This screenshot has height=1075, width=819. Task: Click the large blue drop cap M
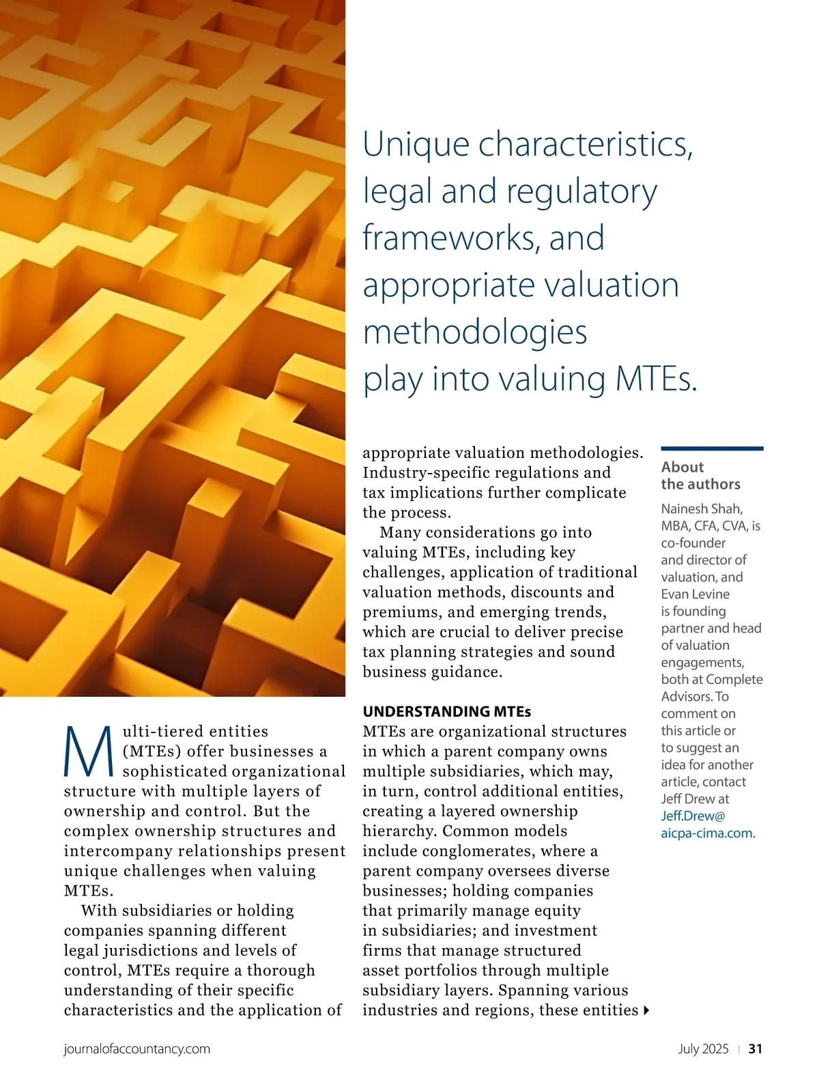coord(89,751)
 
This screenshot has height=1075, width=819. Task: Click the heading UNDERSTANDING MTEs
coord(446,711)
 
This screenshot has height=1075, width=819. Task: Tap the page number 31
coord(756,1049)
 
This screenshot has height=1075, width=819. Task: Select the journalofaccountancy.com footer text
coord(136,1049)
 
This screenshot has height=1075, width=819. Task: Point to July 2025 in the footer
coord(703,1049)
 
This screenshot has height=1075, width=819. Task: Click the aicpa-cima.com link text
coord(706,833)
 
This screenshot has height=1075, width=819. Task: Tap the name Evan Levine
coord(695,594)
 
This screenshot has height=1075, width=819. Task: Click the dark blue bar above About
coord(712,448)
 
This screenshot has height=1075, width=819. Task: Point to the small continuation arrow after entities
coord(646,1010)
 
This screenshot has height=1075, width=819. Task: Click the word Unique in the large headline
coord(416,144)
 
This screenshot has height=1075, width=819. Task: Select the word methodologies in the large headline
coord(475,332)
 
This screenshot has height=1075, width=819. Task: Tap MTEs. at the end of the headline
coord(656,379)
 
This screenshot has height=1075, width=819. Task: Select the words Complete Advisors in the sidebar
coord(712,687)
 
